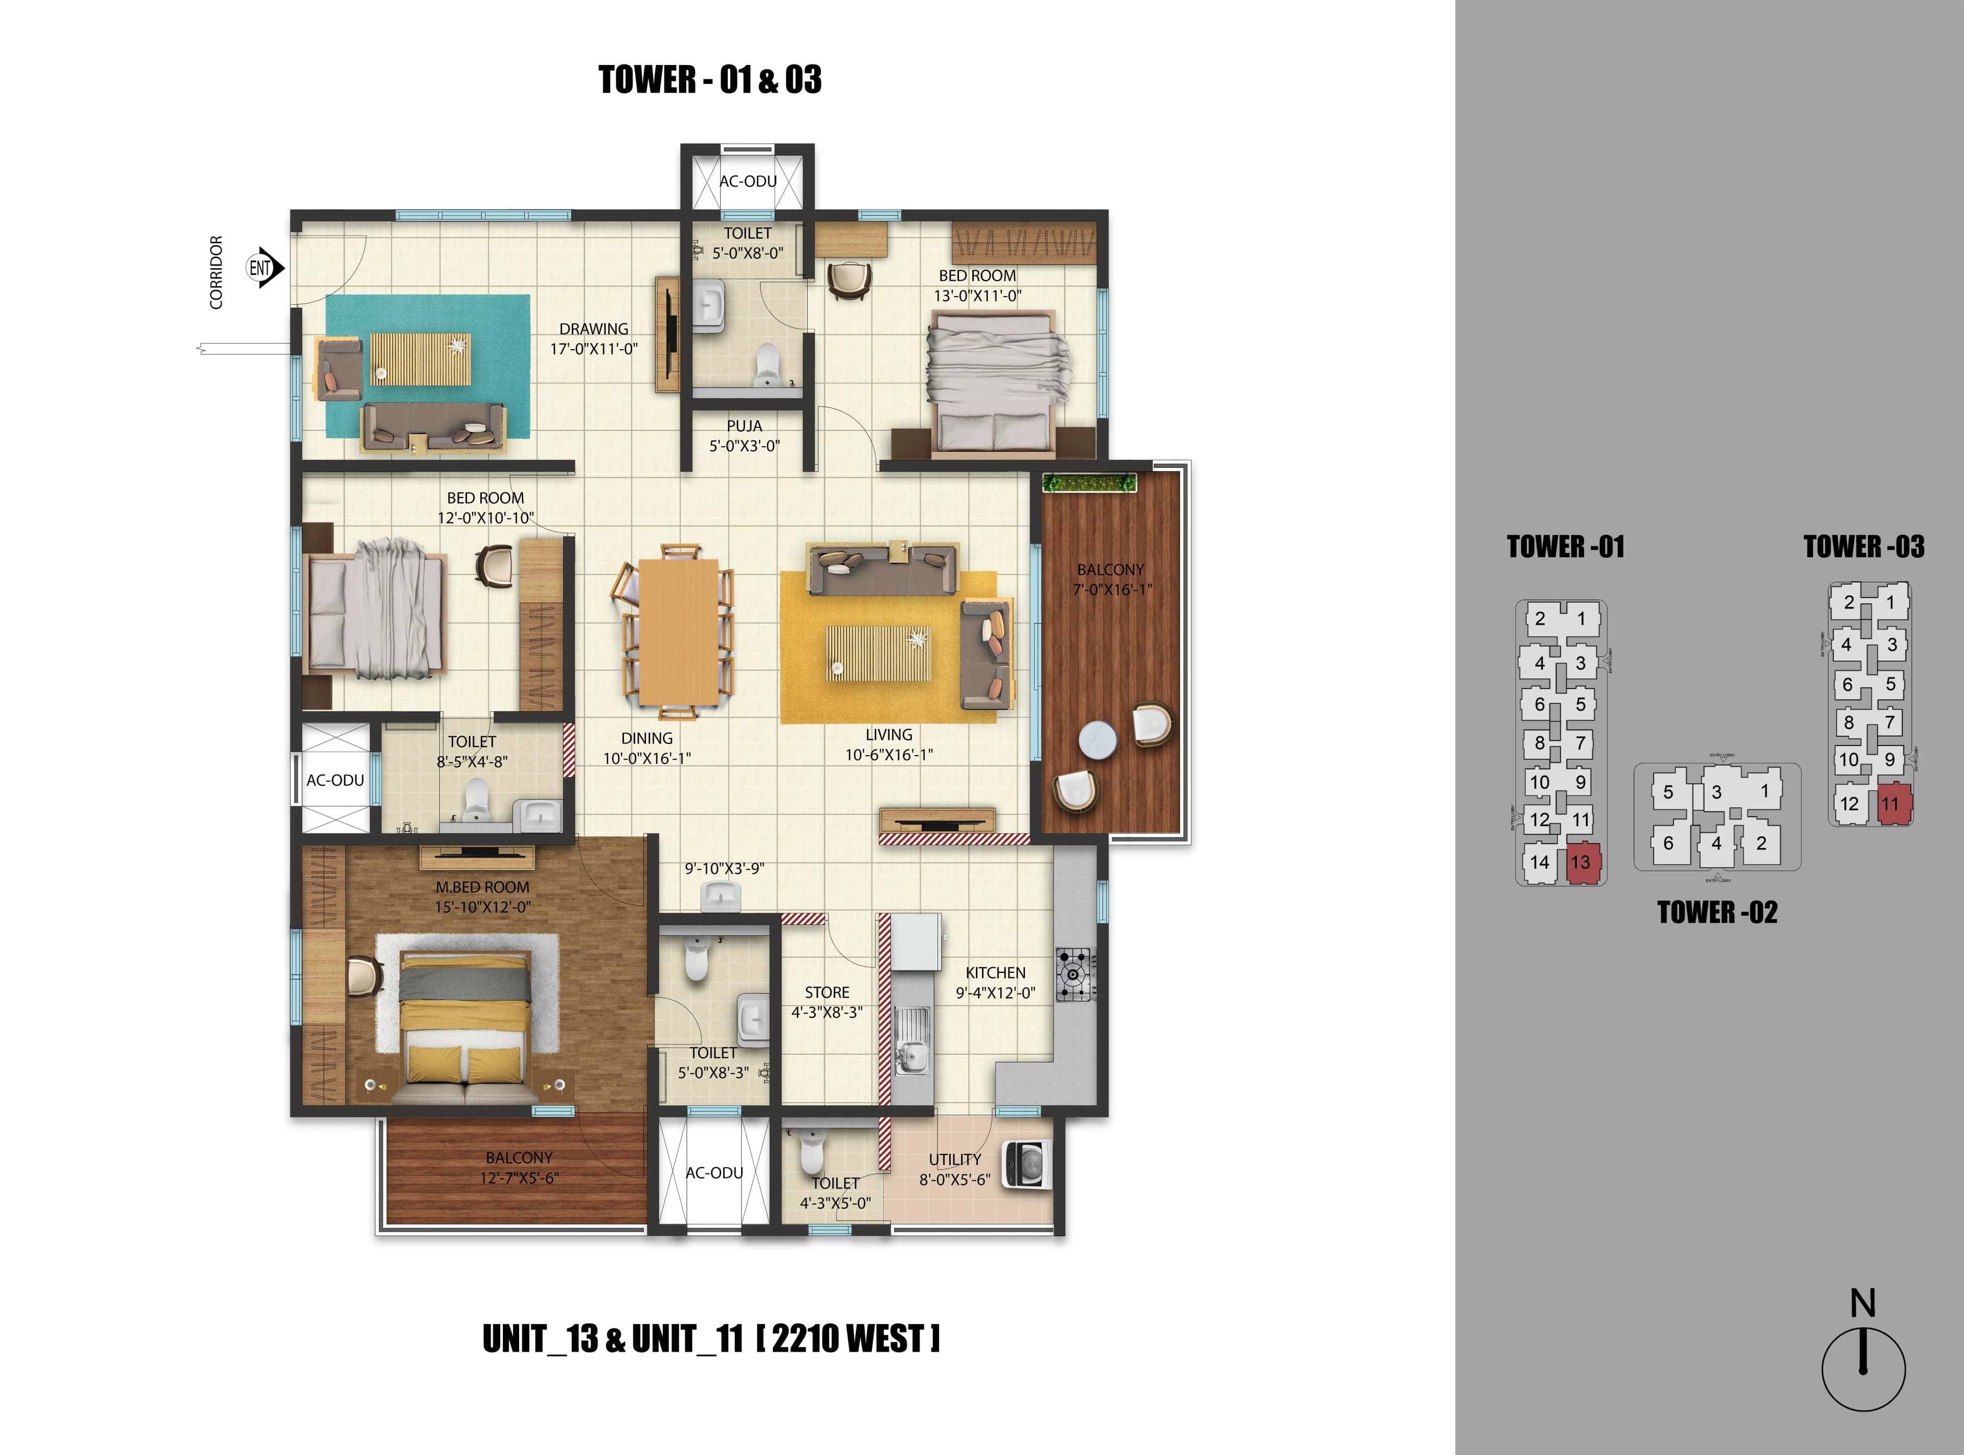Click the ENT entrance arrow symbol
264,268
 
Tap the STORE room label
827,993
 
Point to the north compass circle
1863,1370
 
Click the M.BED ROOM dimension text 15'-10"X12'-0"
483,907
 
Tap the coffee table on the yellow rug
878,652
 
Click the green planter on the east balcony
1089,483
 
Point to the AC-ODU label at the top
748,181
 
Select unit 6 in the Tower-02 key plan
1668,844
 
